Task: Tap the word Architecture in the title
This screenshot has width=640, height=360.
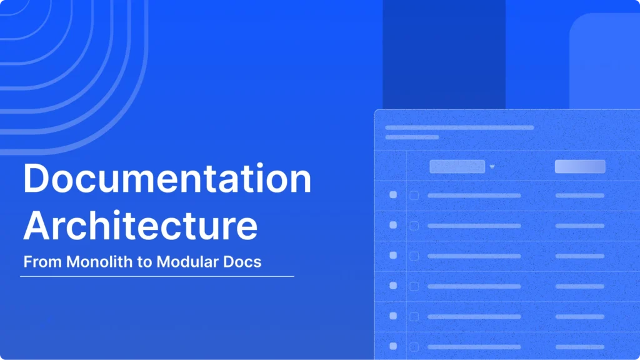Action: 140,226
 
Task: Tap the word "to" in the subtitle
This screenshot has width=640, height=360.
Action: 145,261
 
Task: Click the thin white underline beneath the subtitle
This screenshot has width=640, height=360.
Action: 157,276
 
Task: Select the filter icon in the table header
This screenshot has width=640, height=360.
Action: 492,166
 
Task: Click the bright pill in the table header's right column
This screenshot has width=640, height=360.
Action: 580,166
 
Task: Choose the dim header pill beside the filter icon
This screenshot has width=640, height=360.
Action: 457,166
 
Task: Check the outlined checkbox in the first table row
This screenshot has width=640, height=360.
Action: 414,196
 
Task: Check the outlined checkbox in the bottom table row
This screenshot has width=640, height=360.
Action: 414,346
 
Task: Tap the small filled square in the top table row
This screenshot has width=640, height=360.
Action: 393,195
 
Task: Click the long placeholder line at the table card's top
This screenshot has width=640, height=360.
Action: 459,127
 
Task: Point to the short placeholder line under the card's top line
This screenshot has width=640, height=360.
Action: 412,137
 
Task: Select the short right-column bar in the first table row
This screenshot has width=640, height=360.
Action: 580,196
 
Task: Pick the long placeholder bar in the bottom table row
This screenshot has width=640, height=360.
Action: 474,346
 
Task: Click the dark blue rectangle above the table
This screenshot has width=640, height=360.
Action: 444,53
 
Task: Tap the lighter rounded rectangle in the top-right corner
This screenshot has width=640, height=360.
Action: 604,59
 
